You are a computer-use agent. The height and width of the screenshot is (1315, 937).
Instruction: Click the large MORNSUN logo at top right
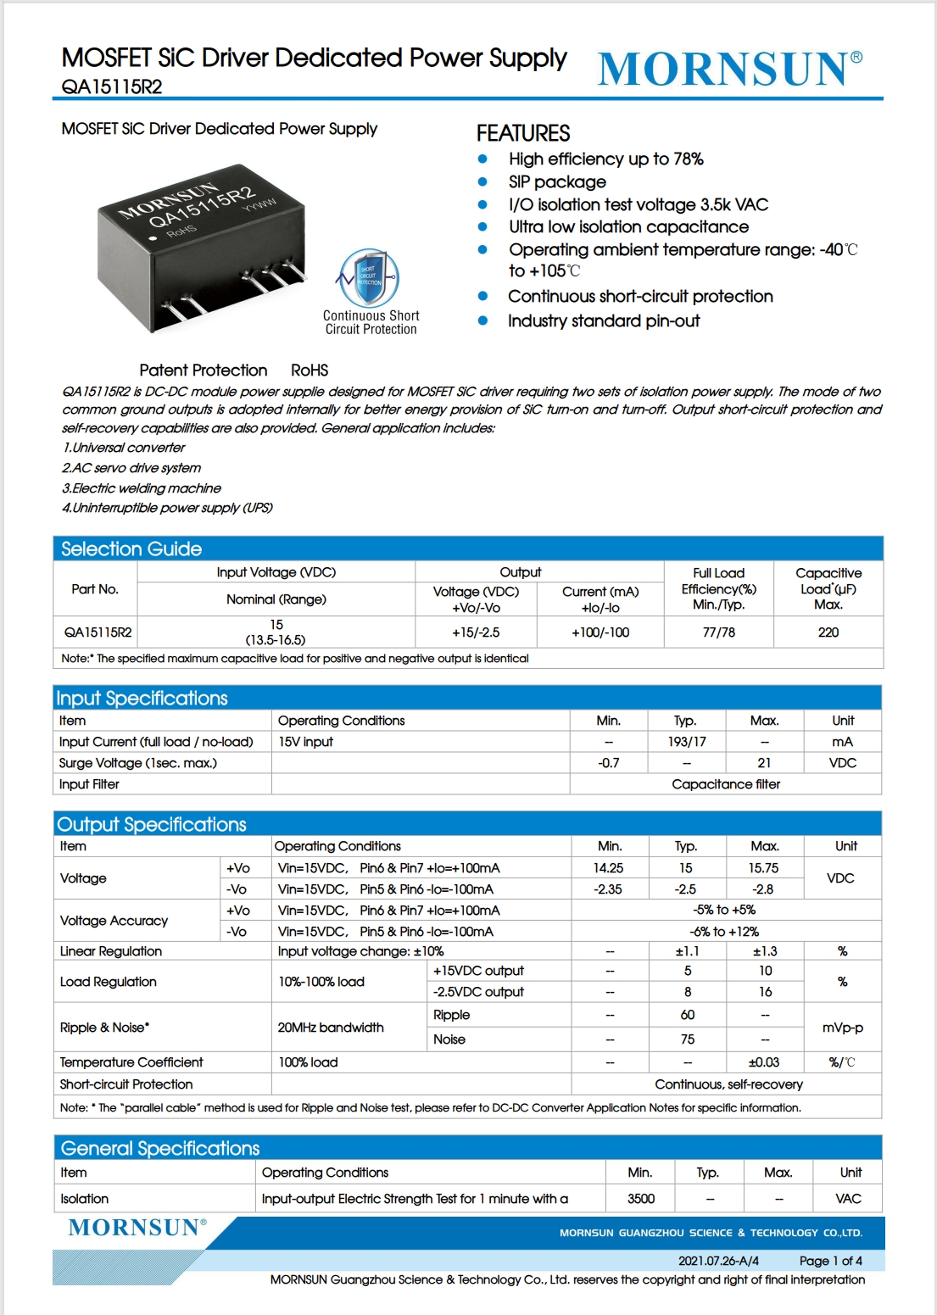pos(729,69)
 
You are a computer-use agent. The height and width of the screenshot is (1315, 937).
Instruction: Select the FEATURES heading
pos(523,133)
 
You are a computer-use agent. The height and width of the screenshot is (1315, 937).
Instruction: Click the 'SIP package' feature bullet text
pos(557,181)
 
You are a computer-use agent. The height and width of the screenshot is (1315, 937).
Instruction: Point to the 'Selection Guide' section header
pos(131,549)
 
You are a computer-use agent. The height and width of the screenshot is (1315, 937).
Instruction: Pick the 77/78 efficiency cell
pos(718,632)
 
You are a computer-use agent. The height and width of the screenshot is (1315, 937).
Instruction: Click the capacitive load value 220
pos(828,632)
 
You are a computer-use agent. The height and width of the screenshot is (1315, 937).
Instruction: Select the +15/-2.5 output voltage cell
pos(476,632)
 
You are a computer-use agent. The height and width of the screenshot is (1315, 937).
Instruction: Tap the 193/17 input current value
pos(686,742)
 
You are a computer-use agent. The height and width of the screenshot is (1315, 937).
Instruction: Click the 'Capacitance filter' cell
pos(725,784)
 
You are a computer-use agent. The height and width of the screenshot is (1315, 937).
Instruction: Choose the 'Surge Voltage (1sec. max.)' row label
pos(138,763)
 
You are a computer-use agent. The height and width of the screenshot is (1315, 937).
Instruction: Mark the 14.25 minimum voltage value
pos(608,868)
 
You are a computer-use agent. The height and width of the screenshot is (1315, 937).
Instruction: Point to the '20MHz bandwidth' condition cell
pos(331,1028)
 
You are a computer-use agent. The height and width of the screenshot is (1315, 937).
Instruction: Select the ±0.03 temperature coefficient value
pos(763,1062)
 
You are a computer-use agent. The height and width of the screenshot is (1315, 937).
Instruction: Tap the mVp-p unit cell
pos(842,1028)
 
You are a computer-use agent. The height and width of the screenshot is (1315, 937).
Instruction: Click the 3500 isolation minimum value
pos(640,1199)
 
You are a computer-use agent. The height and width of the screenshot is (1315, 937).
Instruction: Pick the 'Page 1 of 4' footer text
pos(830,1261)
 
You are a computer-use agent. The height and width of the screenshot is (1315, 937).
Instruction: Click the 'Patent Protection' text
pos(204,371)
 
